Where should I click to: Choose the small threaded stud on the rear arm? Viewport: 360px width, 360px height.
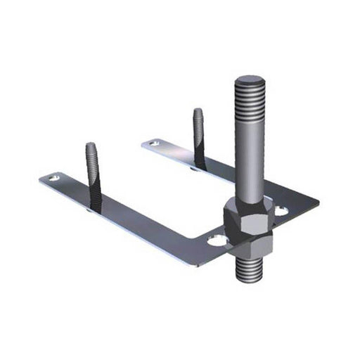pyautogui.click(x=199, y=137)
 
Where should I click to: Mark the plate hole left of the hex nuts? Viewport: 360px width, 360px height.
pyautogui.click(x=217, y=240)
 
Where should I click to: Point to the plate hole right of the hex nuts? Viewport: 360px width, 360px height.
pyautogui.click(x=281, y=210)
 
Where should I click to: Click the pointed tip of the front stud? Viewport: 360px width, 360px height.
pyautogui.click(x=91, y=146)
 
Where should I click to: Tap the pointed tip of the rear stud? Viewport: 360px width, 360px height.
pyautogui.click(x=198, y=110)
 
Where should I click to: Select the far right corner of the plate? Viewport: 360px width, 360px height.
pyautogui.click(x=318, y=204)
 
